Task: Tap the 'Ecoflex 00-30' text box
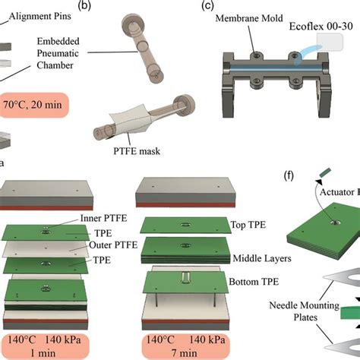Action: click(x=323, y=27)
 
